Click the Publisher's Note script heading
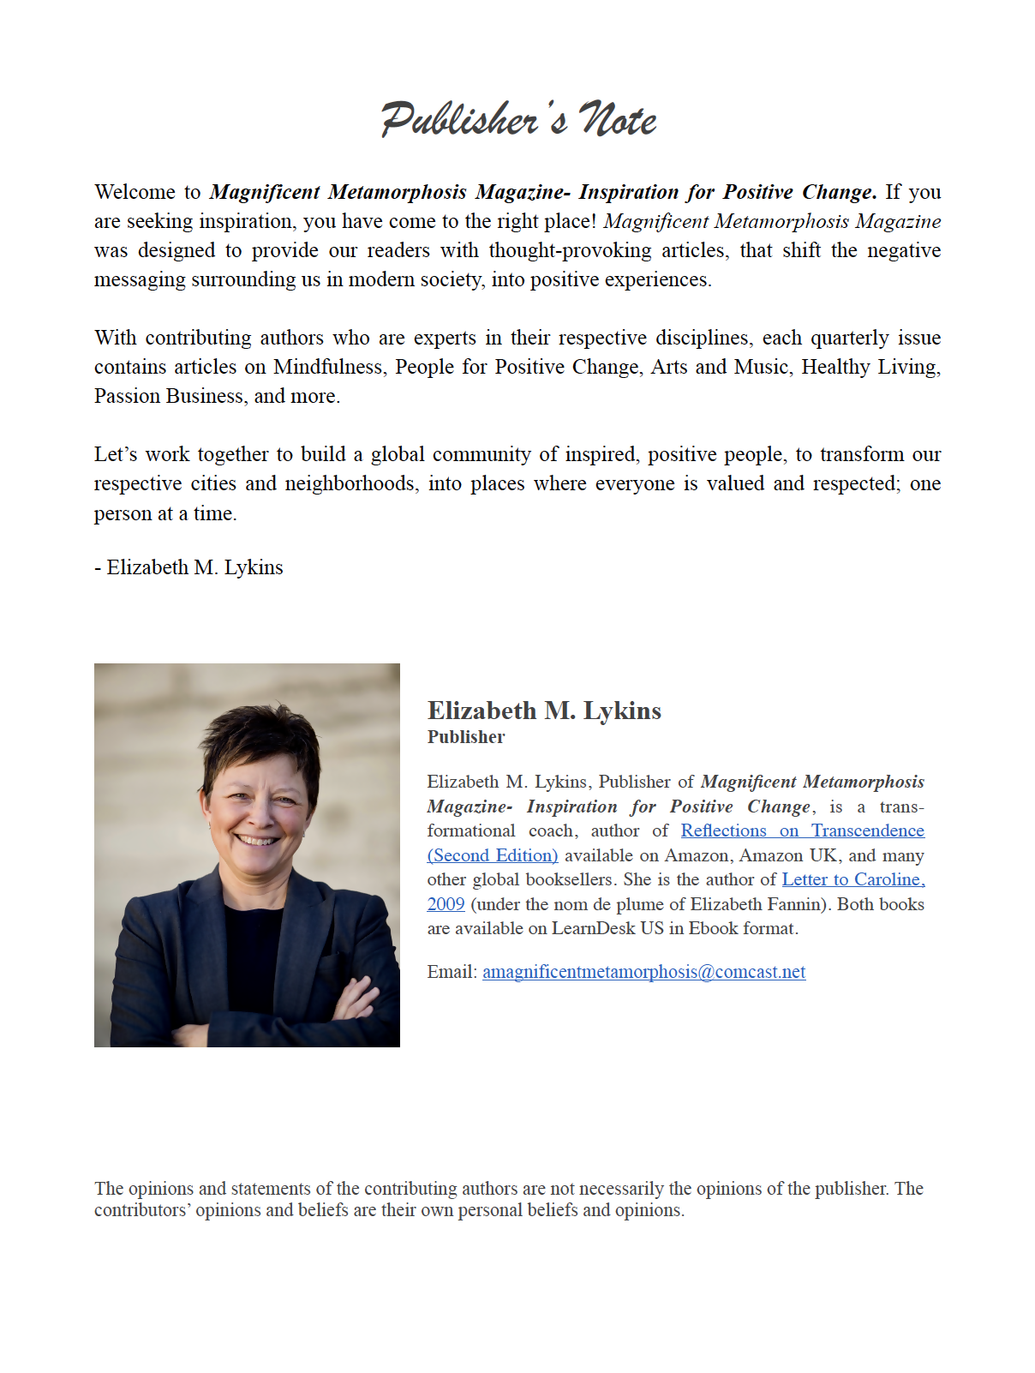pyautogui.click(x=518, y=119)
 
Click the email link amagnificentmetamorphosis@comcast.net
pyautogui.click(x=643, y=972)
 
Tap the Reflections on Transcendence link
pyautogui.click(x=802, y=830)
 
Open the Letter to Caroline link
pyautogui.click(x=853, y=879)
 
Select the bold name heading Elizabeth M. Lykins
pyautogui.click(x=544, y=710)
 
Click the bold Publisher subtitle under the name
pyautogui.click(x=466, y=737)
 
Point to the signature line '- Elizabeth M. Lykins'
pyautogui.click(x=188, y=567)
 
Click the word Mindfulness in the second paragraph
pyautogui.click(x=327, y=367)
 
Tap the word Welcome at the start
pyautogui.click(x=135, y=192)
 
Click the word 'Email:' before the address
pyautogui.click(x=452, y=972)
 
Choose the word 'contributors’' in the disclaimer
pyautogui.click(x=142, y=1210)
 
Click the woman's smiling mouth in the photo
pyautogui.click(x=258, y=840)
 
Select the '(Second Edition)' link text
pyautogui.click(x=493, y=855)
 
